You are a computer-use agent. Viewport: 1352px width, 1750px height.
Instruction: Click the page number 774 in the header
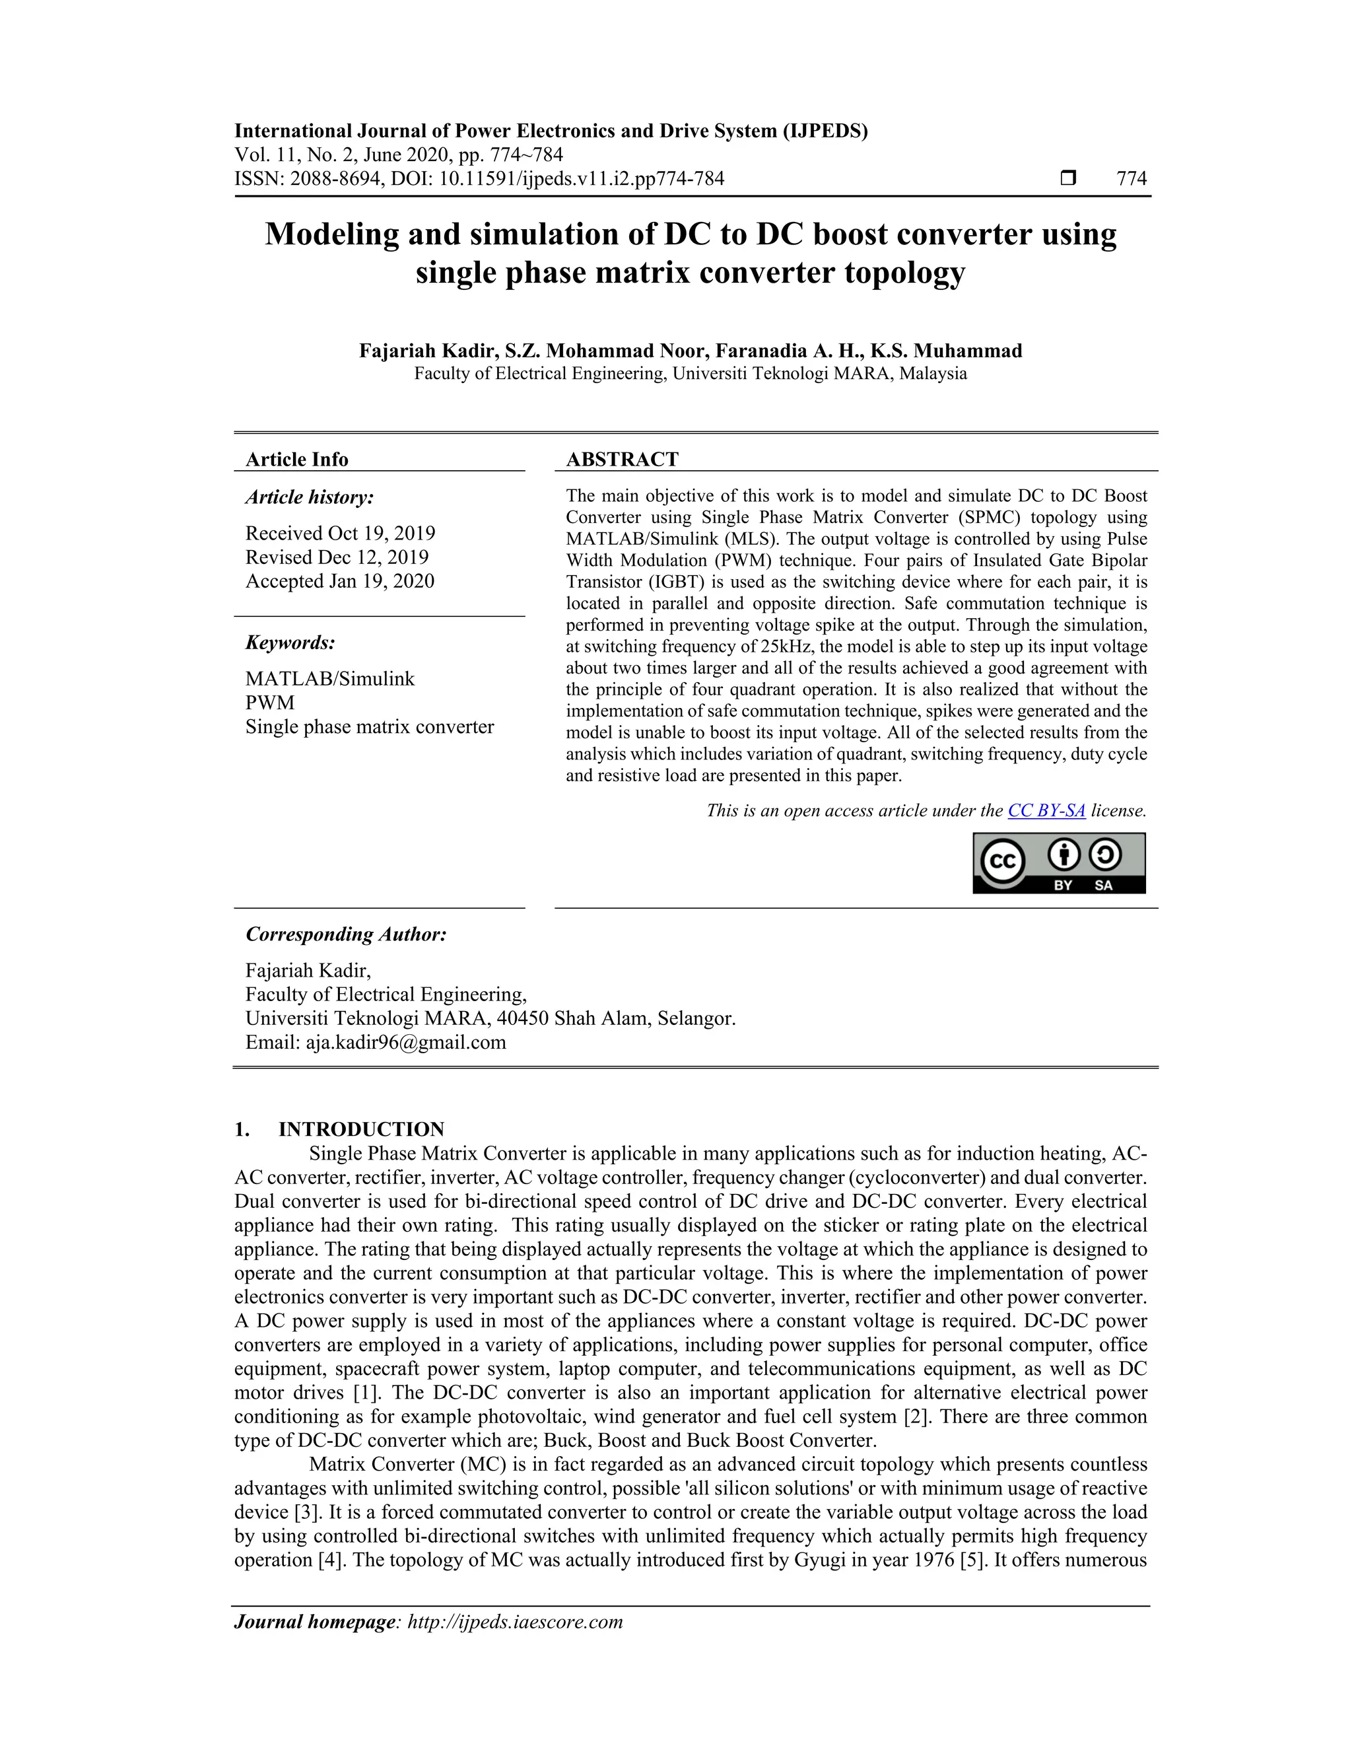1131,179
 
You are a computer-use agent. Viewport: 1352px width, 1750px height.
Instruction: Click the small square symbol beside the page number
1067,178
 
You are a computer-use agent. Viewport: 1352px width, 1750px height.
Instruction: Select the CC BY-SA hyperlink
1046,811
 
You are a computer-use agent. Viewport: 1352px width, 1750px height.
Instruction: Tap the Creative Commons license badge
1059,863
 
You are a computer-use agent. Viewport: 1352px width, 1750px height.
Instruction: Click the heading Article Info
296,459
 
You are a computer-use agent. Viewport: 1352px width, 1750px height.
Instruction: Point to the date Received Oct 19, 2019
341,534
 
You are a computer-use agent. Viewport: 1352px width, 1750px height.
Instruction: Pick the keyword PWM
270,703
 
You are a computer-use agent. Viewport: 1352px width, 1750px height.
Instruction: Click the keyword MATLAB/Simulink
330,679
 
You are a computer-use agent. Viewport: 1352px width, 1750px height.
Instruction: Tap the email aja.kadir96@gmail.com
405,1043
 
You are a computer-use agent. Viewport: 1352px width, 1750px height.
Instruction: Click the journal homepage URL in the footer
515,1622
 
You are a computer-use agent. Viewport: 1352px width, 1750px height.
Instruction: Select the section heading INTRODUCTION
360,1129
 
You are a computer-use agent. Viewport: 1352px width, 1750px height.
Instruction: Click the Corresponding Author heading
346,934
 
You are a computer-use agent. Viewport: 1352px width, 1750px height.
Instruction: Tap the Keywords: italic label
290,643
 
